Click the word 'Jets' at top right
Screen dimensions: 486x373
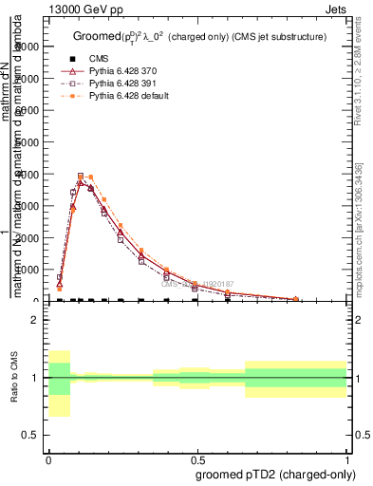tap(336, 8)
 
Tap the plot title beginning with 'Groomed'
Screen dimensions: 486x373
tap(199, 36)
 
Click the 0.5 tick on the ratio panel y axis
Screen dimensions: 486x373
tap(32, 435)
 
